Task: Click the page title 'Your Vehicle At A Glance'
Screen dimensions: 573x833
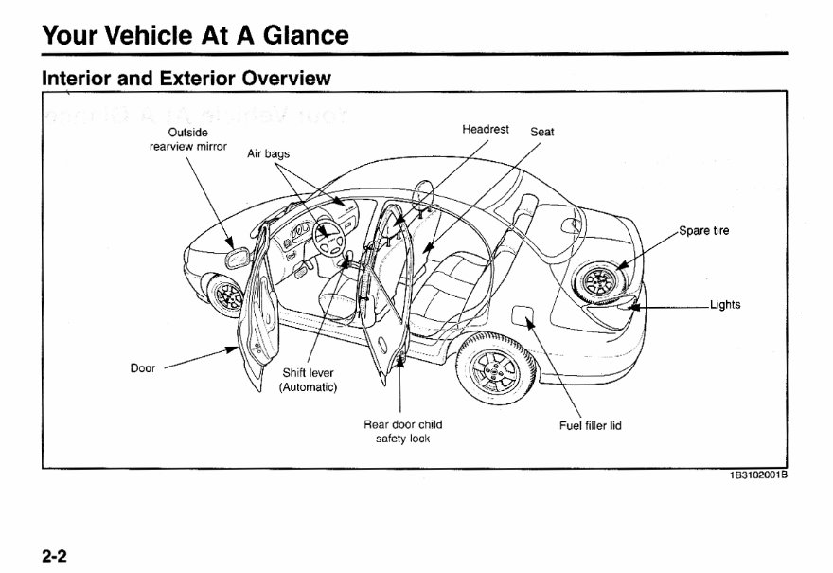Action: click(x=195, y=35)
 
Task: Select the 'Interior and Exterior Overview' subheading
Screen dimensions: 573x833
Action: click(x=186, y=79)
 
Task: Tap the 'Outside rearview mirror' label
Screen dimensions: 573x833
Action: click(x=187, y=139)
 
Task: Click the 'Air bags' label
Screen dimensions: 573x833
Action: click(x=268, y=153)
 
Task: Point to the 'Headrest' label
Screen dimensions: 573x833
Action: click(x=486, y=128)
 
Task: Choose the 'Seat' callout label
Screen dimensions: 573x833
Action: click(x=541, y=133)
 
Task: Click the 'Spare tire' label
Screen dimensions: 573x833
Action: click(x=703, y=230)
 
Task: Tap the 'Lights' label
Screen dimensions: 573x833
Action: click(x=725, y=305)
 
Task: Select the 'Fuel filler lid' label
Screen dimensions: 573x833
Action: click(x=590, y=425)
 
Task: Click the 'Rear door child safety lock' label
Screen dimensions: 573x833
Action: click(x=402, y=432)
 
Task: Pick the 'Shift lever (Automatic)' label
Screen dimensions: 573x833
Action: click(x=308, y=380)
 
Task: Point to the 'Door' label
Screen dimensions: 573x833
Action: click(x=142, y=367)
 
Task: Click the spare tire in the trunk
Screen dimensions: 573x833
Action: click(x=599, y=280)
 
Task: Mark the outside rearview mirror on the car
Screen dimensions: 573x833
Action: click(x=235, y=253)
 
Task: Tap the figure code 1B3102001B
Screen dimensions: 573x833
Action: click(x=758, y=475)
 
